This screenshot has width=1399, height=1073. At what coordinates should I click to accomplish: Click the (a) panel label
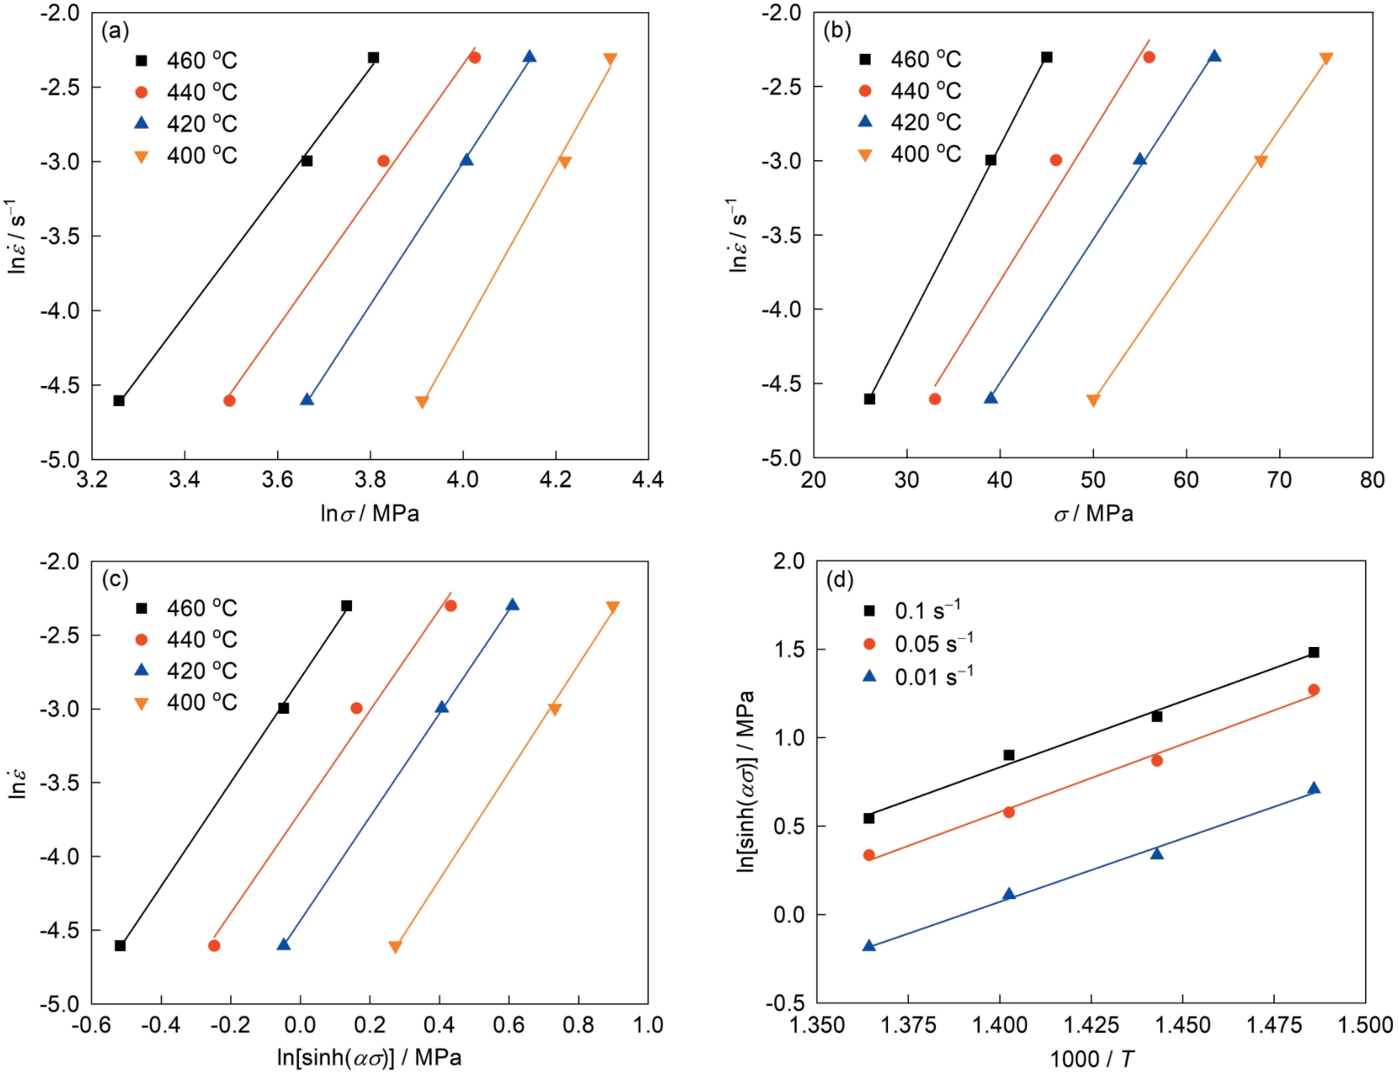tap(115, 32)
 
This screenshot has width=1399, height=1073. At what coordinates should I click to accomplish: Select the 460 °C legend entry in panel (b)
tap(909, 59)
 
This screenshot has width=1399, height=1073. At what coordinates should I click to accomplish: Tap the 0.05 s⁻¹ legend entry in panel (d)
tap(918, 643)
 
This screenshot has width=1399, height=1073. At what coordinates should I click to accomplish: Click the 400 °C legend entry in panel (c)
tap(186, 703)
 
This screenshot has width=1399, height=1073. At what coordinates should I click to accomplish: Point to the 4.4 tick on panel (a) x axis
tap(648, 479)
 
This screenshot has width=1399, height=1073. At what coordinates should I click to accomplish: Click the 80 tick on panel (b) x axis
tap(1372, 479)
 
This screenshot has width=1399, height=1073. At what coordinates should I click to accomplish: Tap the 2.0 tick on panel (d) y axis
tap(789, 561)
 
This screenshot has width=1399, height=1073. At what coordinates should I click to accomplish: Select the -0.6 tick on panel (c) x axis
tap(91, 1026)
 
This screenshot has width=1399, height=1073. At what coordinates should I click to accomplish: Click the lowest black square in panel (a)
tap(119, 401)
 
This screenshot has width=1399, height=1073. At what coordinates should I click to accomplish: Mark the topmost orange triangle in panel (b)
tap(1326, 59)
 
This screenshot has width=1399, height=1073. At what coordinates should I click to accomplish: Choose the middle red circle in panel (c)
tap(356, 708)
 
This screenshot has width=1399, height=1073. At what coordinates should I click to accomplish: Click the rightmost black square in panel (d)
tap(1314, 652)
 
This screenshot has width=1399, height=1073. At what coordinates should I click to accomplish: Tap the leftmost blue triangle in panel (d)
tap(869, 945)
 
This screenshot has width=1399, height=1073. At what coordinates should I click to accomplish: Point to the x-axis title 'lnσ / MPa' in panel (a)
tap(369, 514)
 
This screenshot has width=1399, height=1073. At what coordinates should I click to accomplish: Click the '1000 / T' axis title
tap(1091, 1058)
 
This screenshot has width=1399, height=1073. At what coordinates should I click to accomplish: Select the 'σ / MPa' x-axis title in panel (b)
tap(1093, 514)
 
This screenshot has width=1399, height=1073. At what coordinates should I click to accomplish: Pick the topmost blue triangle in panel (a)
tap(529, 57)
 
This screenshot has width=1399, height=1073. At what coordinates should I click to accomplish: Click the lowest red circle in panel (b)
tap(935, 399)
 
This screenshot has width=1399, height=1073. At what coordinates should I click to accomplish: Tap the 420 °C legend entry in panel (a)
tap(186, 123)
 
